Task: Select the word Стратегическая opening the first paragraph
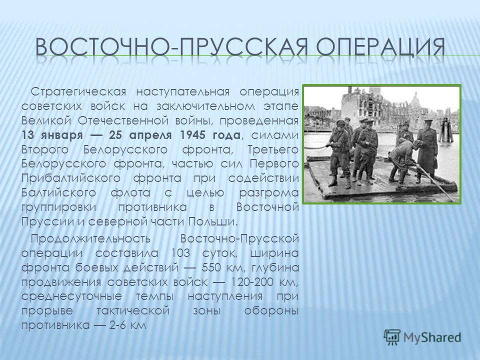pyautogui.click(x=78, y=92)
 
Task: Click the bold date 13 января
pyautogui.click(x=52, y=135)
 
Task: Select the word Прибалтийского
pyautogui.click(x=70, y=178)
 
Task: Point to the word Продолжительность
pyautogui.click(x=91, y=238)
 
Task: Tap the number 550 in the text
pyautogui.click(x=211, y=267)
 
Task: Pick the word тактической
pyautogui.click(x=133, y=310)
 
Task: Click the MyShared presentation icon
pyautogui.click(x=392, y=337)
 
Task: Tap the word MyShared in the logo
pyautogui.click(x=431, y=337)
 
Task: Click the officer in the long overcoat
pyautogui.click(x=426, y=151)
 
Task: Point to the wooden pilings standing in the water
pyautogui.click(x=446, y=130)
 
